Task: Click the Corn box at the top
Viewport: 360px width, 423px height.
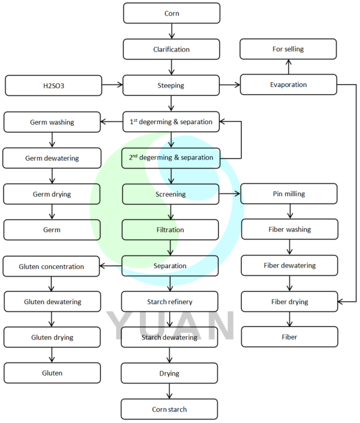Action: coord(172,13)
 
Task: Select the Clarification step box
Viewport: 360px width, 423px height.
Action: coord(172,49)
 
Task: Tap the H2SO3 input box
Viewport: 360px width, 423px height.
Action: coord(53,85)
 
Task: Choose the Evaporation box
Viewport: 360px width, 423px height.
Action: coord(288,85)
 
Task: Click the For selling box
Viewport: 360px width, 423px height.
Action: coord(288,49)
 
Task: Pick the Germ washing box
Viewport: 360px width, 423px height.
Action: coord(52,122)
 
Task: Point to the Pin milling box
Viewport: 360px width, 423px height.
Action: coord(289,194)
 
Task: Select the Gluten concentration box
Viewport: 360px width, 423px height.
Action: coord(51,266)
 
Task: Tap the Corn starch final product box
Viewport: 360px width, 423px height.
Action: coord(169,409)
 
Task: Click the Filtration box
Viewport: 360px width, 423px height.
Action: coord(171,230)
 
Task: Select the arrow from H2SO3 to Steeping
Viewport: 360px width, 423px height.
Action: coord(112,85)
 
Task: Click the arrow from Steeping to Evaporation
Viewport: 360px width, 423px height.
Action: coord(230,85)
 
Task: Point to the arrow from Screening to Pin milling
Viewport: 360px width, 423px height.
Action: coord(230,194)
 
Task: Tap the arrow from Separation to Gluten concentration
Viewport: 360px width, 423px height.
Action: coord(111,266)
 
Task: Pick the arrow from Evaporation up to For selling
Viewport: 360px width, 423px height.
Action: coord(288,66)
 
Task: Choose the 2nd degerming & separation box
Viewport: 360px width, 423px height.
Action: coord(171,158)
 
